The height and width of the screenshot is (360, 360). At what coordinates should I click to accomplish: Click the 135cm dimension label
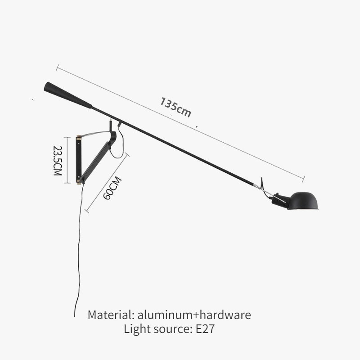(x=175, y=107)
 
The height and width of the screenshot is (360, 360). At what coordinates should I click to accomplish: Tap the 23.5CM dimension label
(x=58, y=161)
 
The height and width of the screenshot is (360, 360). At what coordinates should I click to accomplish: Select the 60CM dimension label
(x=112, y=188)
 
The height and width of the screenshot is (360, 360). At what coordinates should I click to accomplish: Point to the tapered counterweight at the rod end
(x=68, y=95)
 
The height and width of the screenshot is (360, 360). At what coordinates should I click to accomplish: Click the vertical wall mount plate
(x=79, y=160)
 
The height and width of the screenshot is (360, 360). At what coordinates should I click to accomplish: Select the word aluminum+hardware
(x=194, y=315)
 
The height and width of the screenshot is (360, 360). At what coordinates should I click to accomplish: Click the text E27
(x=205, y=329)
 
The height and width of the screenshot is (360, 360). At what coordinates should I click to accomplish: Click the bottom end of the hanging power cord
(x=75, y=316)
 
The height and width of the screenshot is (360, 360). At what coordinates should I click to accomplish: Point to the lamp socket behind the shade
(x=280, y=201)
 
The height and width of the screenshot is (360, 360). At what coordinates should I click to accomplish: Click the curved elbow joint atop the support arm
(x=112, y=136)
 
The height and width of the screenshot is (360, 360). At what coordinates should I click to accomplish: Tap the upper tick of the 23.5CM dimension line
(x=67, y=137)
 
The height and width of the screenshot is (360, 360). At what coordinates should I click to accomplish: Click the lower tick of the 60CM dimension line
(x=87, y=211)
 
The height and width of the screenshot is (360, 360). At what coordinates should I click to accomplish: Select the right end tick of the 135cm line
(x=303, y=179)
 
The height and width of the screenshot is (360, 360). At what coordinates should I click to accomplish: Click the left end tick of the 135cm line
(x=58, y=68)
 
